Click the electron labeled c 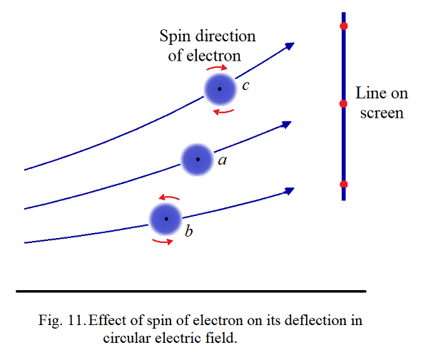pos(219,88)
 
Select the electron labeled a pos(196,160)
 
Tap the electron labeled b pos(166,219)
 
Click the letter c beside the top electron pos(245,86)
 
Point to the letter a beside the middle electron pos(222,161)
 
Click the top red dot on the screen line pos(343,26)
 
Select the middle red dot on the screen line pos(343,104)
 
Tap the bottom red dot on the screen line pos(343,185)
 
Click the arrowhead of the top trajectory pos(290,46)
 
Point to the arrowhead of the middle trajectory pos(287,124)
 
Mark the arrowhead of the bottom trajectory pos(290,190)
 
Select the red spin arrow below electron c pos(223,110)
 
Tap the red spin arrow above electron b pos(169,197)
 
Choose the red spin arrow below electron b pos(163,241)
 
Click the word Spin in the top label pos(175,37)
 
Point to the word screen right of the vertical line pos(382,113)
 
